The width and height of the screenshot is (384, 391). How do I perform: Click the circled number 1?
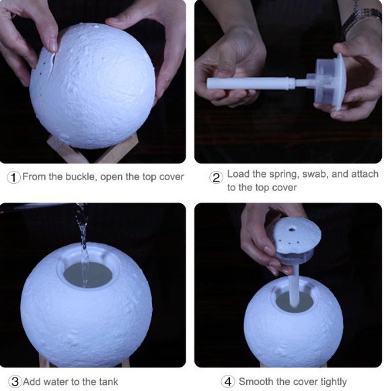click(13, 177)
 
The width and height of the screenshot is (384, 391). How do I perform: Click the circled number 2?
click(216, 178)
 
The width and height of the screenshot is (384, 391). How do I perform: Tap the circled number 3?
click(15, 382)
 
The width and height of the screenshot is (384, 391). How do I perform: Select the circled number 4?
click(228, 382)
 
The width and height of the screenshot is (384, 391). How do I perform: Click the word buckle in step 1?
click(81, 176)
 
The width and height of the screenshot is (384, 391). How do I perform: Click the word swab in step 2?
click(315, 174)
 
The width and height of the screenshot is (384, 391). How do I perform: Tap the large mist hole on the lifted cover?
click(291, 229)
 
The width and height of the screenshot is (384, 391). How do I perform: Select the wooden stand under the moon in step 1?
click(92, 149)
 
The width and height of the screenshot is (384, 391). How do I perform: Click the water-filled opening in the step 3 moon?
click(88, 275)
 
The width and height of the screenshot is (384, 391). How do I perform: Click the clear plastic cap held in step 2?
click(326, 83)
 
